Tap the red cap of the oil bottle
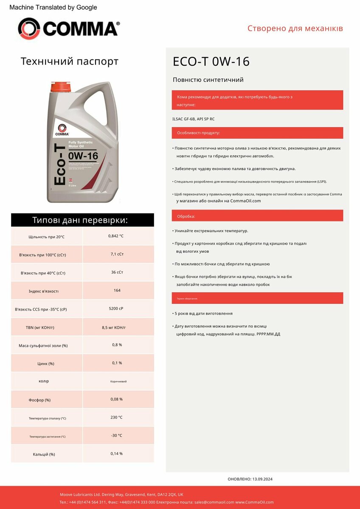point(62,87)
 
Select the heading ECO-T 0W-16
point(211,62)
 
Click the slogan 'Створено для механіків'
point(295,29)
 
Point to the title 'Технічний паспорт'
point(70,62)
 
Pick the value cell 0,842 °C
point(116,236)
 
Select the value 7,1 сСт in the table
point(117,254)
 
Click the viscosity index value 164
point(117,291)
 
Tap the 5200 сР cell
point(116,309)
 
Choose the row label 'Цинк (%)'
point(46,364)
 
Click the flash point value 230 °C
point(116,417)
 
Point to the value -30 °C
point(116,436)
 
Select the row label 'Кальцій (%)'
point(44,454)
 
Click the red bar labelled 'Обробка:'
point(257,216)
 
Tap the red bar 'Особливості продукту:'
point(257,133)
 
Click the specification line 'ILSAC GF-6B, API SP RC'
point(194,119)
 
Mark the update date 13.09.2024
point(262,479)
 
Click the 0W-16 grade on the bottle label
point(83,156)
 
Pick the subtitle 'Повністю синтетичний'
point(208,80)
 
